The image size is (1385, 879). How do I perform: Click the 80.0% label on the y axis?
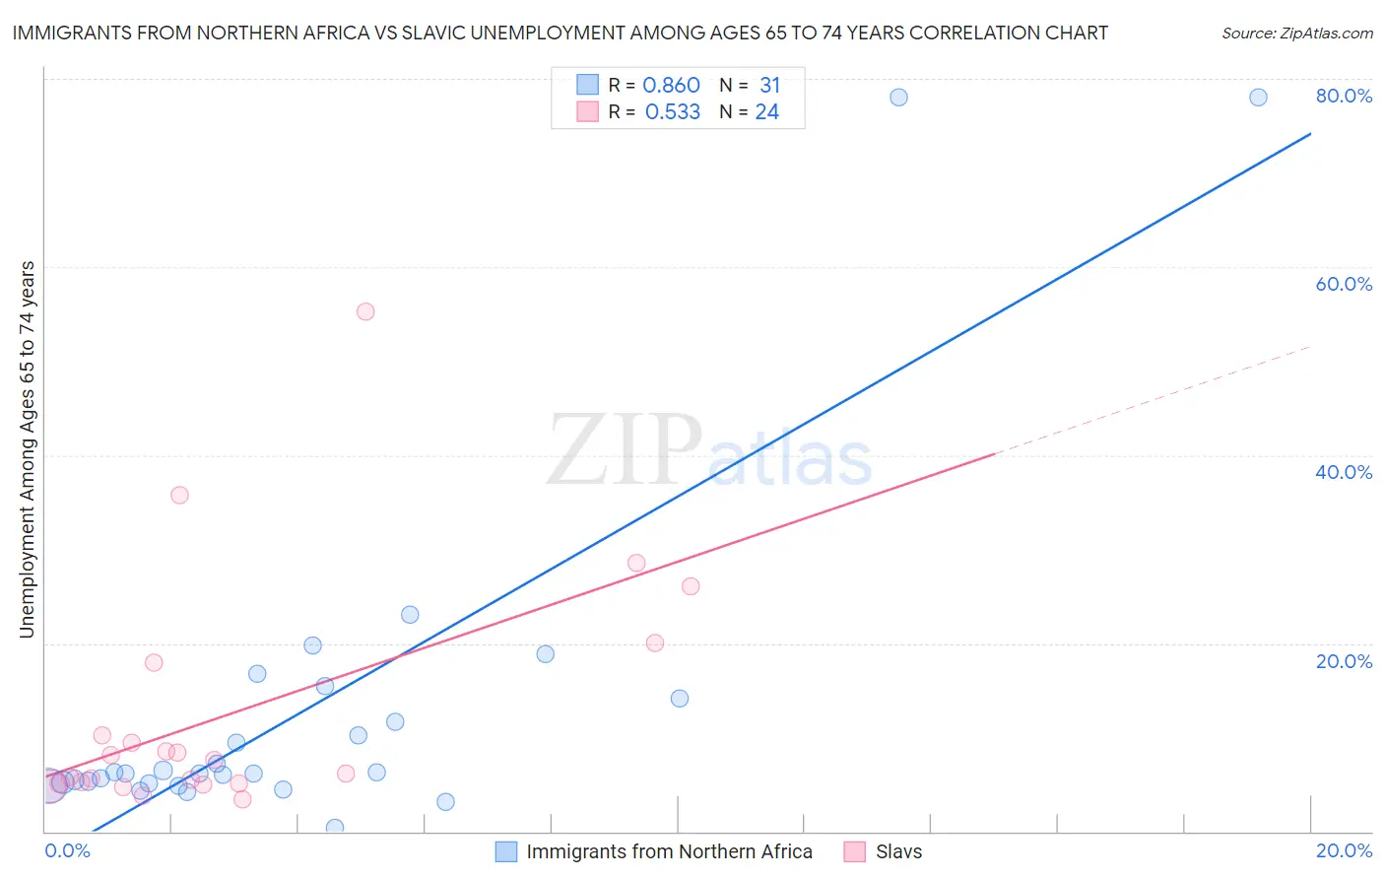click(x=1344, y=96)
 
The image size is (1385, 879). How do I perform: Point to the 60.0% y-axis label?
click(x=1344, y=284)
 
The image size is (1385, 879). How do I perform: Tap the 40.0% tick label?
click(x=1344, y=472)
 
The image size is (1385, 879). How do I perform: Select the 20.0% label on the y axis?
click(x=1344, y=661)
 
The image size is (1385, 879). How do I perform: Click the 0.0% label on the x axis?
click(x=67, y=850)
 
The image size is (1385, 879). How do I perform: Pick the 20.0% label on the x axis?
click(x=1344, y=850)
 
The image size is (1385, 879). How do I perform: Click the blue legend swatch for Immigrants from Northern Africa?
click(x=506, y=851)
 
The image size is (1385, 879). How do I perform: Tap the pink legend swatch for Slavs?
click(x=855, y=851)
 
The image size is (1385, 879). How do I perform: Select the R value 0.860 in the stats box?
click(x=671, y=86)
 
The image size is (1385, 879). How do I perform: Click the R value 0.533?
click(x=672, y=112)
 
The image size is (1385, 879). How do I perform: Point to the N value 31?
click(x=769, y=86)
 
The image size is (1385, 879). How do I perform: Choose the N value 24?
click(x=766, y=112)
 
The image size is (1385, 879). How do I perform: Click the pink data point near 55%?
click(x=365, y=311)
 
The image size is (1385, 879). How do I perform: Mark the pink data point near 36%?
click(x=179, y=495)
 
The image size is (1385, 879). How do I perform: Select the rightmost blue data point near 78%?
click(x=1258, y=97)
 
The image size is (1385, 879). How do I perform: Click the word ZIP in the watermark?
click(x=625, y=450)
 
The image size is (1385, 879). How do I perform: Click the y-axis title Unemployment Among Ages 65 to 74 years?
click(x=28, y=449)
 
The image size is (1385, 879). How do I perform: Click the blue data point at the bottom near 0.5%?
click(x=335, y=828)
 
